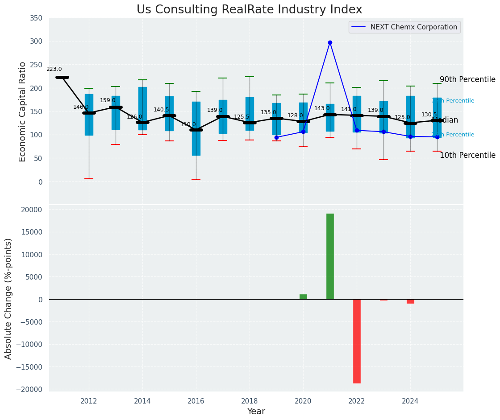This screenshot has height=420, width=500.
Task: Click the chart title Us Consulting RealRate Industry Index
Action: click(x=249, y=10)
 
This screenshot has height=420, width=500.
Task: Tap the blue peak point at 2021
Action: click(x=330, y=42)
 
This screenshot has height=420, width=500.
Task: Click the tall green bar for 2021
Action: click(x=330, y=256)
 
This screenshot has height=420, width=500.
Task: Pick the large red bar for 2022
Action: click(x=357, y=341)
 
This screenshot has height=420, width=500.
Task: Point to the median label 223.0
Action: click(x=54, y=69)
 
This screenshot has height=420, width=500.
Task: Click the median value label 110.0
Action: click(x=188, y=124)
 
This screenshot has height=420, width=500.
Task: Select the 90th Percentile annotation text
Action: click(x=467, y=79)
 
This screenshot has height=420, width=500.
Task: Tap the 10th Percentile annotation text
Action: click(x=467, y=155)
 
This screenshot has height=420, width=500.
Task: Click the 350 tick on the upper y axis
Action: click(x=36, y=18)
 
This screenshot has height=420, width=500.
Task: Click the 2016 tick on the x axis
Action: click(x=196, y=401)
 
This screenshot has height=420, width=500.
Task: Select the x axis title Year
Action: click(x=256, y=412)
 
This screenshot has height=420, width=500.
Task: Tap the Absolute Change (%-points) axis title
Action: click(x=8, y=298)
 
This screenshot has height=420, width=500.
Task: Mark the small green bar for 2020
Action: click(x=303, y=296)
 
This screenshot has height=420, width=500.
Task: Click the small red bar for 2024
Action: click(x=410, y=301)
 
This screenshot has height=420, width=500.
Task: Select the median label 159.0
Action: click(x=108, y=100)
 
